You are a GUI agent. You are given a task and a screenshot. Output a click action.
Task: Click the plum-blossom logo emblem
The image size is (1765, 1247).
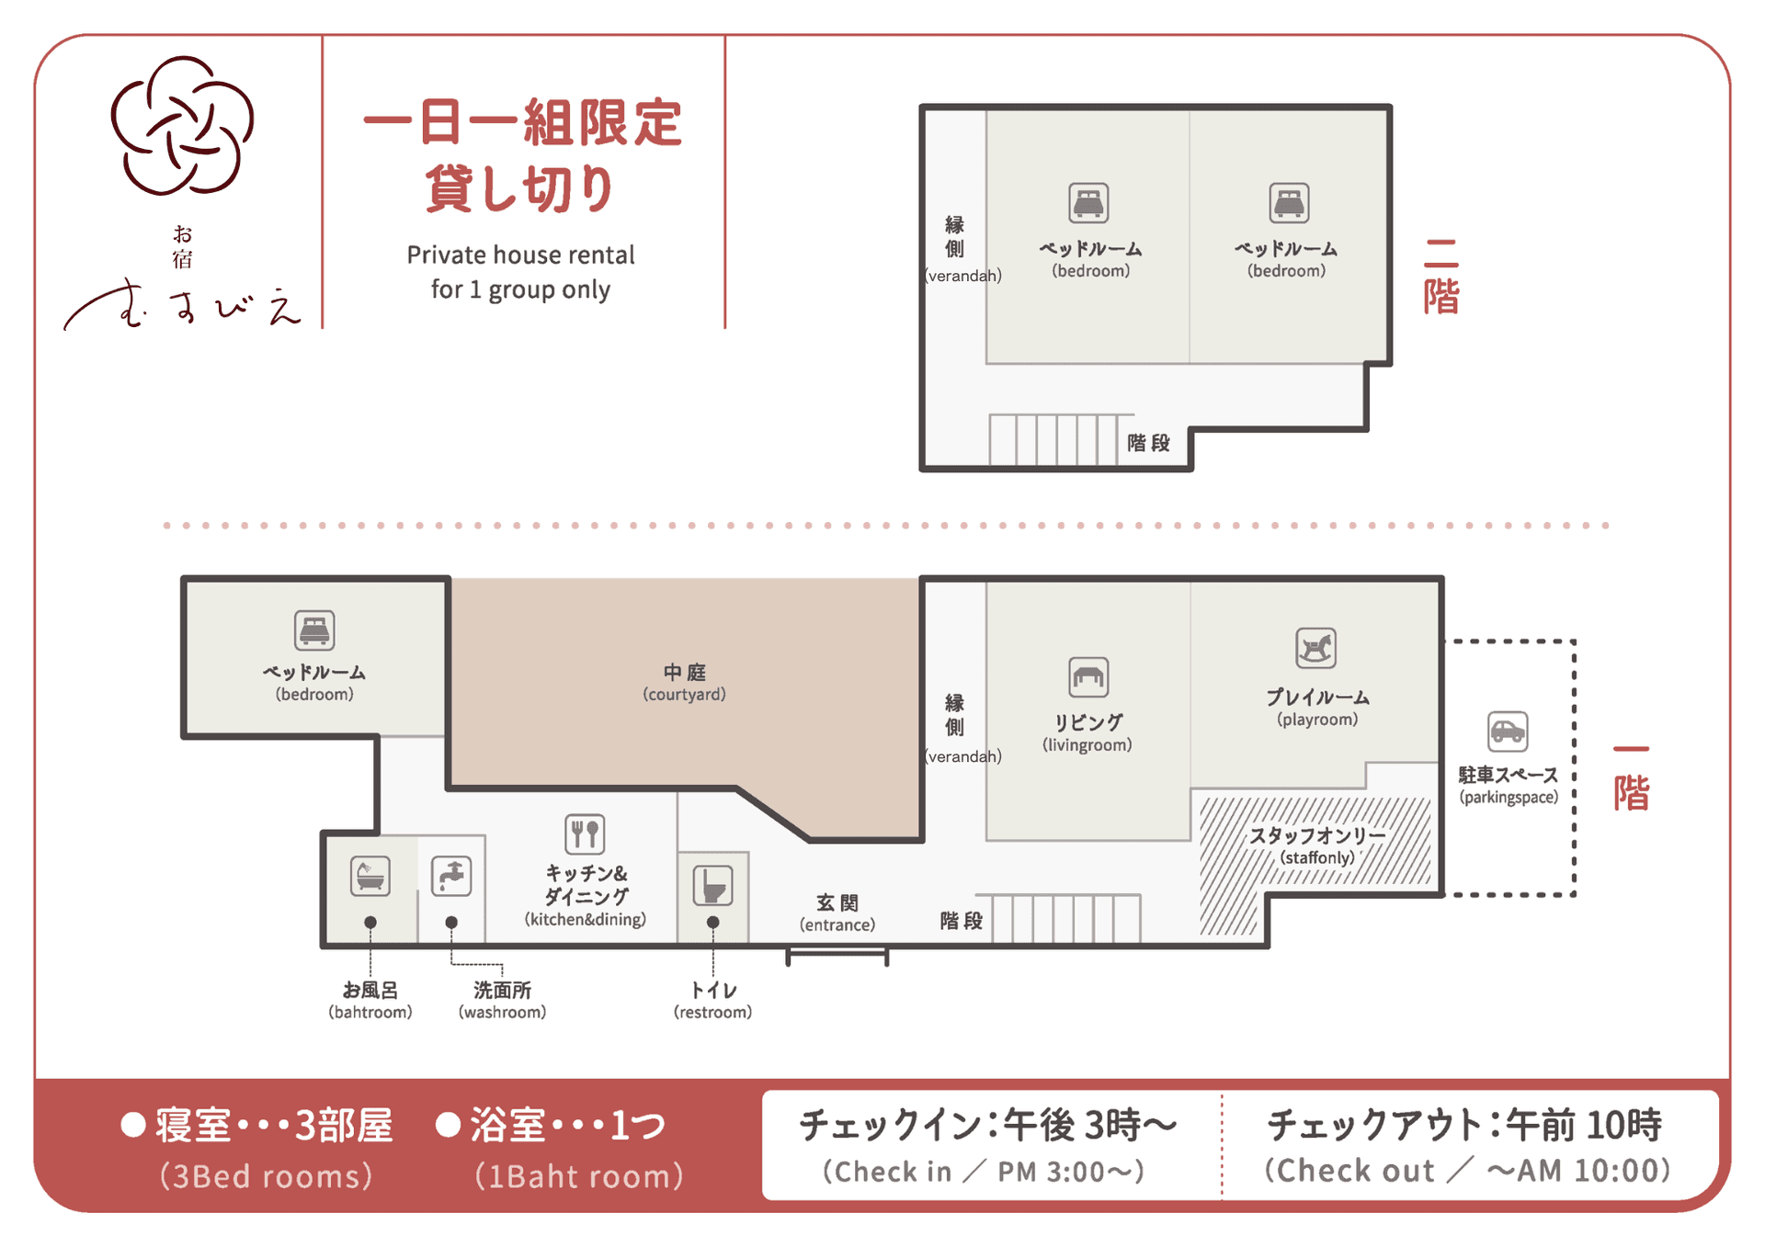[x=182, y=126]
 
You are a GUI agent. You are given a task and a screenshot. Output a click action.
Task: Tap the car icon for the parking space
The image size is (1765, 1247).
[x=1508, y=731]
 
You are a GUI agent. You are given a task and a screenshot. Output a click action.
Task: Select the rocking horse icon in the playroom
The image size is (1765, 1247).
[x=1315, y=649]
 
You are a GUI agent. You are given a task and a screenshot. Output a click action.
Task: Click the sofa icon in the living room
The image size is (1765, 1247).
[x=1088, y=677]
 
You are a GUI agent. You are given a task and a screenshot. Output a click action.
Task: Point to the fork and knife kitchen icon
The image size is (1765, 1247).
[x=585, y=834]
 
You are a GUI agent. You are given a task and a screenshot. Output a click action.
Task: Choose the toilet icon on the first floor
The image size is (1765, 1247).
[x=712, y=886]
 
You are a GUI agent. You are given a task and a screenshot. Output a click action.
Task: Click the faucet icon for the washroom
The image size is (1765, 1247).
[x=451, y=876]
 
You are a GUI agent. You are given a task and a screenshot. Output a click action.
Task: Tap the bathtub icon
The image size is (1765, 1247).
[x=370, y=876]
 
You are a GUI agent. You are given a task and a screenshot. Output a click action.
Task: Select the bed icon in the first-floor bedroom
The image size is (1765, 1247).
[x=314, y=630]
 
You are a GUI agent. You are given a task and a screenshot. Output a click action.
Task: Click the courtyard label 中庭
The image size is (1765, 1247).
[x=684, y=673]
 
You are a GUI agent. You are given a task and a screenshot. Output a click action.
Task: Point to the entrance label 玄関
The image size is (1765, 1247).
[x=837, y=903]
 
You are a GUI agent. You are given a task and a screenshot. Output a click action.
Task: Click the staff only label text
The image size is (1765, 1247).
[x=1316, y=836]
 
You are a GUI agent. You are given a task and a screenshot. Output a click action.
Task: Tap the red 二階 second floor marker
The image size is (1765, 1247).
[x=1440, y=277]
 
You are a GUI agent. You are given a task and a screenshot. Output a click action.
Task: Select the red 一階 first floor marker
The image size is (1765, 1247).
[x=1632, y=778]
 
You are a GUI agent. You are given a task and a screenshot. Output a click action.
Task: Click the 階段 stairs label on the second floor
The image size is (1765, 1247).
[x=1148, y=443]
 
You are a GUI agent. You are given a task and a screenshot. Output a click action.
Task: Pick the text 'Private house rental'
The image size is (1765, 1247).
[x=520, y=255]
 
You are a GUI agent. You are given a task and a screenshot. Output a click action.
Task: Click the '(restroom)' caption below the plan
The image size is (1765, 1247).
[x=712, y=1012]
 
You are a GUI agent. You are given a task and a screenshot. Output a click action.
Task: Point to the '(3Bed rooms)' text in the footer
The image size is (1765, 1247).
[x=267, y=1176]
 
